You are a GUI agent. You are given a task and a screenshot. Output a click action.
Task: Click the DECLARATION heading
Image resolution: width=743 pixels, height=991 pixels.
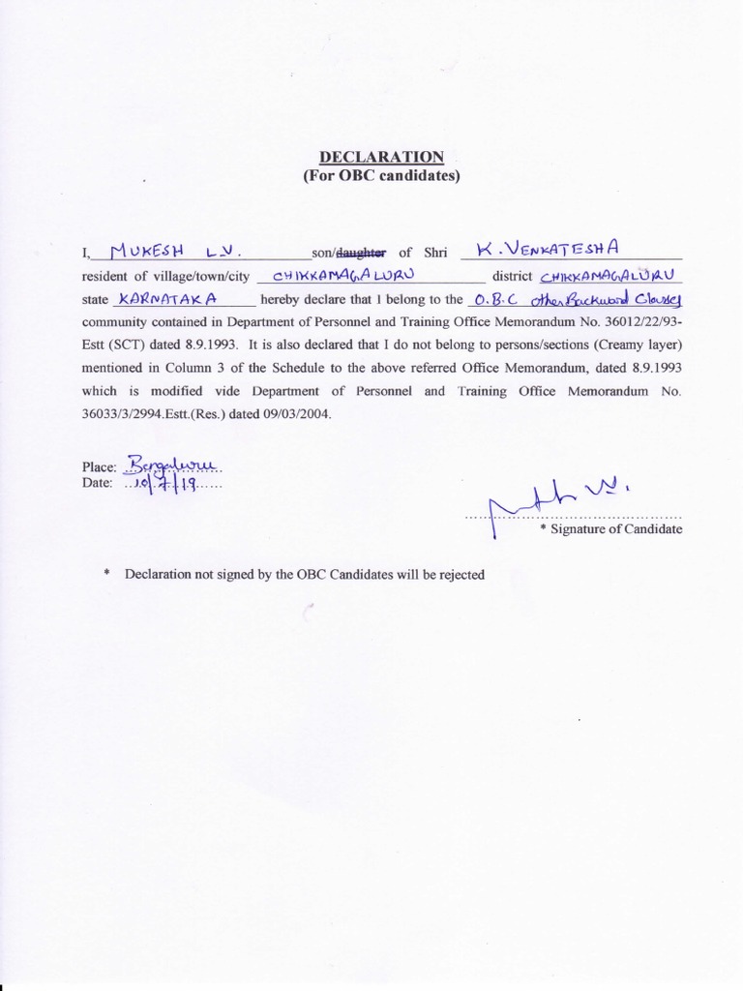point(381,157)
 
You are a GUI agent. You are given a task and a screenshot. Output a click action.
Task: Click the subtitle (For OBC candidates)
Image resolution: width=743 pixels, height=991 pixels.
point(381,175)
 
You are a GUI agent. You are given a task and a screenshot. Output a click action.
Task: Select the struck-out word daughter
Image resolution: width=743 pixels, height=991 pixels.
point(360,254)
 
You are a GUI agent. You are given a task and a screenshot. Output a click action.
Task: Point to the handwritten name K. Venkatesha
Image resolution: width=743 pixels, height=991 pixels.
point(549,251)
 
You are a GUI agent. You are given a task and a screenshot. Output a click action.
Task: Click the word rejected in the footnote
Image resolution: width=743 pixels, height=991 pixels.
point(460,574)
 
